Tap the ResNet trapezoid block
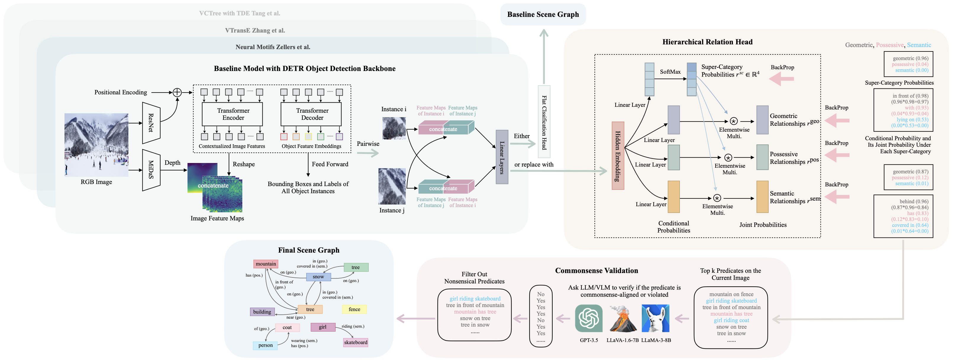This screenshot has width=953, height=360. pos(151,123)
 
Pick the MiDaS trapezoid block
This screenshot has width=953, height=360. pos(151,170)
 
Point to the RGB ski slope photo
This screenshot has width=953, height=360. pos(96,145)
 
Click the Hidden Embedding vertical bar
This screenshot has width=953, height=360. pos(618,156)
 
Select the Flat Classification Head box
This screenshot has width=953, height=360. pos(544,122)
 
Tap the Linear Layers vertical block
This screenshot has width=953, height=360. pos(502,157)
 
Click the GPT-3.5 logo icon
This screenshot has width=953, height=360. pos(588,318)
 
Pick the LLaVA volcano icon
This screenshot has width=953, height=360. pos(622,318)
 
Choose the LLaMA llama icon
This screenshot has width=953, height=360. pos(656,318)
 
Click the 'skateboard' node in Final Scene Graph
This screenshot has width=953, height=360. pos(356,342)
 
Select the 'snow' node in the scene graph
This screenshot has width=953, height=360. pos(318,277)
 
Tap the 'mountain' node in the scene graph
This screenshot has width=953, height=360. pos(266,264)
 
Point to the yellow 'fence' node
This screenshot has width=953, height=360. pos(354,309)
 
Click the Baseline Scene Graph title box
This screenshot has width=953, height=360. pos(543,14)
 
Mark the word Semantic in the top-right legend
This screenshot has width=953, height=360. pos(919,45)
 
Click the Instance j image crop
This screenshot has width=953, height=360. pos(392,186)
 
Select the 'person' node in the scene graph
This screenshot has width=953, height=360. pos(265,345)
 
